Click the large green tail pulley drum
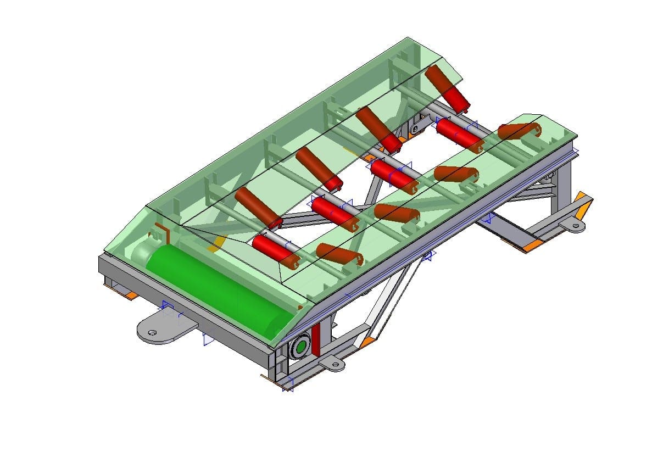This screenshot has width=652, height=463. click(x=220, y=290)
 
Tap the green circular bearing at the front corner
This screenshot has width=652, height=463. click(x=300, y=347)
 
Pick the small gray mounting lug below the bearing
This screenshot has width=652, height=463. click(x=332, y=363)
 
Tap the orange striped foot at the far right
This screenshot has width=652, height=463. click(x=581, y=207)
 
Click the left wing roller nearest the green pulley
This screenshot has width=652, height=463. click(x=258, y=208)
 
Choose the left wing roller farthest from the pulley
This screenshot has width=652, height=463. click(x=448, y=87)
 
